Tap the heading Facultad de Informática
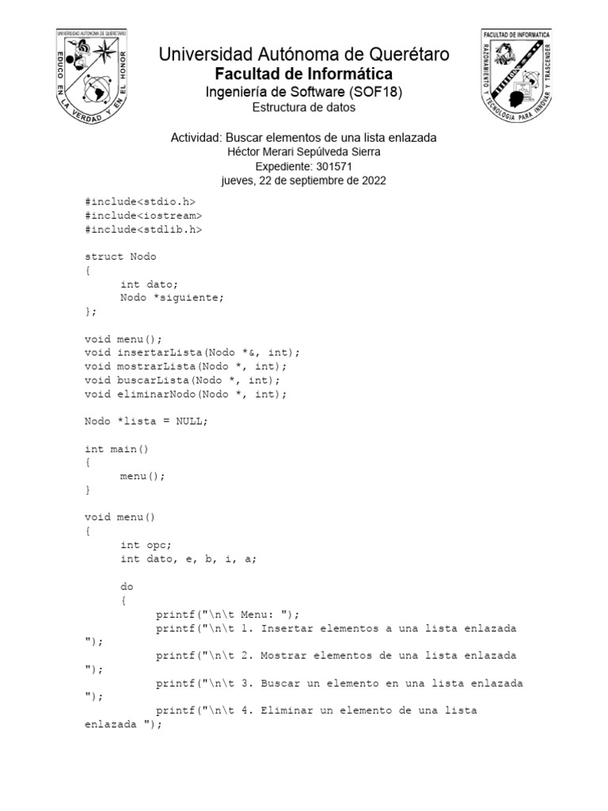pyautogui.click(x=304, y=74)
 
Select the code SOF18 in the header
pyautogui.click(x=380, y=92)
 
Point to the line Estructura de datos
pyautogui.click(x=304, y=107)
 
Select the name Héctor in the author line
pyautogui.click(x=244, y=152)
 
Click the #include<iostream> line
pyautogui.click(x=143, y=215)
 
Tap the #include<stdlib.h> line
pyautogui.click(x=143, y=229)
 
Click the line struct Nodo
pyautogui.click(x=120, y=257)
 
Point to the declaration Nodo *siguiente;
pyautogui.click(x=173, y=298)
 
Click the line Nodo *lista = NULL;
pyautogui.click(x=146, y=421)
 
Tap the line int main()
pyautogui.click(x=116, y=449)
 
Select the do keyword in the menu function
pyautogui.click(x=127, y=586)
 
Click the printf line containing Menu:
pyautogui.click(x=228, y=614)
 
